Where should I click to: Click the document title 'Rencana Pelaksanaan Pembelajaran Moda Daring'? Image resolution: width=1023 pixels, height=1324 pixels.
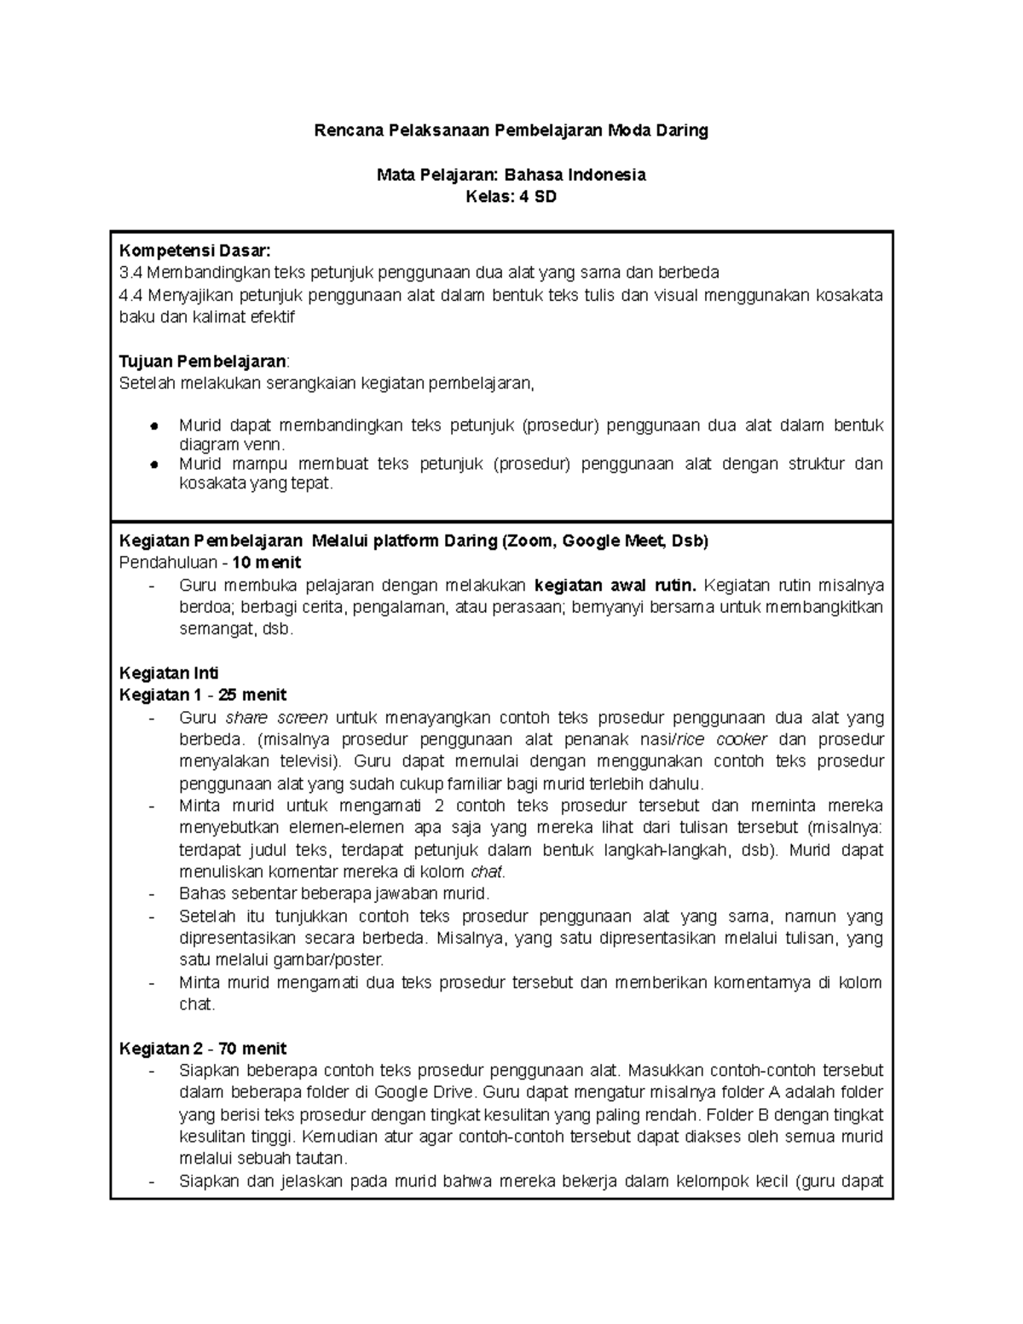[511, 131]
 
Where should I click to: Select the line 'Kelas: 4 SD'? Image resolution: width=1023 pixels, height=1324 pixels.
[511, 197]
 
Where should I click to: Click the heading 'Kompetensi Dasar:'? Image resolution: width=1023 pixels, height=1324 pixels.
[194, 251]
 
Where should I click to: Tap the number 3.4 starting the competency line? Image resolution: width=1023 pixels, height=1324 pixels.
[132, 273]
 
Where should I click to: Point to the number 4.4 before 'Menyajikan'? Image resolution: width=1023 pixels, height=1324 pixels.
[132, 295]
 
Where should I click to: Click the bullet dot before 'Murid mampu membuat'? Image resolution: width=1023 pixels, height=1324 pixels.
[154, 465]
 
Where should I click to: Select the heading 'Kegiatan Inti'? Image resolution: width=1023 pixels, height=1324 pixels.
[169, 673]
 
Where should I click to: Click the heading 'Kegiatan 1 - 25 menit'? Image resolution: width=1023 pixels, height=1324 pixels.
[203, 695]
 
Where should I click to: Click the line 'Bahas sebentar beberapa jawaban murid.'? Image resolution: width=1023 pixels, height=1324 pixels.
[335, 893]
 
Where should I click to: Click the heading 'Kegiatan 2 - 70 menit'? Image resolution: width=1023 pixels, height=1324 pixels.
[203, 1049]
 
